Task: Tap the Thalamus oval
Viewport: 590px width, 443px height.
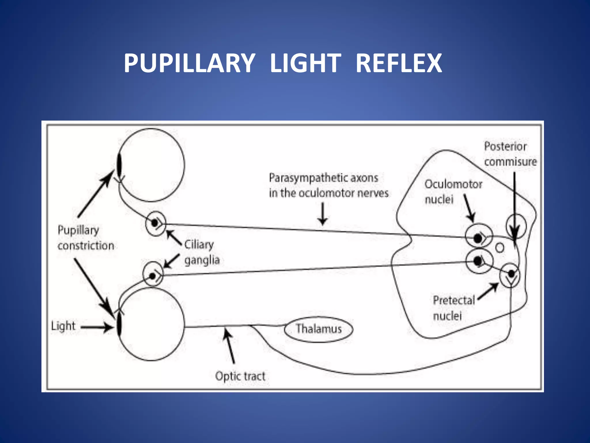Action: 318,329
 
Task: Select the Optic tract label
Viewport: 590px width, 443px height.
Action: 240,376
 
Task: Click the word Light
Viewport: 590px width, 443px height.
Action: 63,326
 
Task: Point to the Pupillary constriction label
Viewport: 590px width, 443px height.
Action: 86,238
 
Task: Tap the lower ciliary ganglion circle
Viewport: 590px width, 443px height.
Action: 153,273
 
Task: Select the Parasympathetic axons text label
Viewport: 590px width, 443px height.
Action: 328,185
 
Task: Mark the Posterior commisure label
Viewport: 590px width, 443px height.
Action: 510,154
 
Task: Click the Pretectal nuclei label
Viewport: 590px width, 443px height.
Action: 453,308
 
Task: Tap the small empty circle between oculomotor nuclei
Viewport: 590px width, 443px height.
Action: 500,248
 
